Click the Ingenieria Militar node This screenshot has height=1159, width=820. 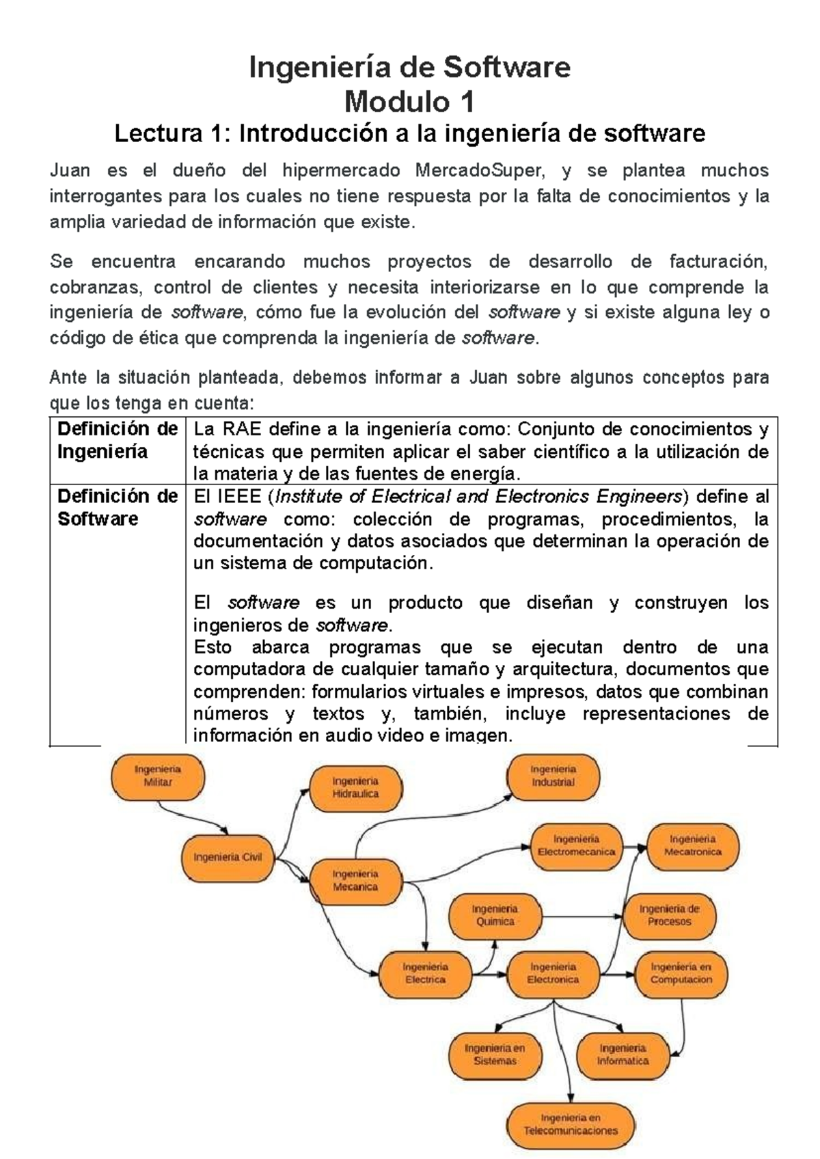click(158, 776)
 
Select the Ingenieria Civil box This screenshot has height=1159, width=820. click(228, 857)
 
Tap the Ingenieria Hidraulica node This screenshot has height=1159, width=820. click(355, 787)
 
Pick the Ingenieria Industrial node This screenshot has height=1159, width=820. click(553, 776)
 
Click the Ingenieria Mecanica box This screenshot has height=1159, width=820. click(355, 880)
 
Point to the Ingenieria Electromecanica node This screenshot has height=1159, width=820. click(576, 845)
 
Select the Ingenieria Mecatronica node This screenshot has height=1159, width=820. click(692, 845)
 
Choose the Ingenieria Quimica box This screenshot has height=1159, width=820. click(495, 916)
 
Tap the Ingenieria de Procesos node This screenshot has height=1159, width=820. click(669, 916)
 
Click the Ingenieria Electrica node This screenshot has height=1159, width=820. click(425, 973)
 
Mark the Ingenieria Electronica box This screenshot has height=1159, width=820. click(553, 973)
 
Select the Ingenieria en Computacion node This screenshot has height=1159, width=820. click(681, 973)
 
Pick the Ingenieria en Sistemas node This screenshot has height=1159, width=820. click(495, 1054)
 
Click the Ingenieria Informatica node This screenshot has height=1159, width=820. click(623, 1054)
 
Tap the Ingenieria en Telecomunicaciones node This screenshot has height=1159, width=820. click(571, 1124)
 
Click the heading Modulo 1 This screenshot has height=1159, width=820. click(409, 103)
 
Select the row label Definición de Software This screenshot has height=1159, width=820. click(117, 507)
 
